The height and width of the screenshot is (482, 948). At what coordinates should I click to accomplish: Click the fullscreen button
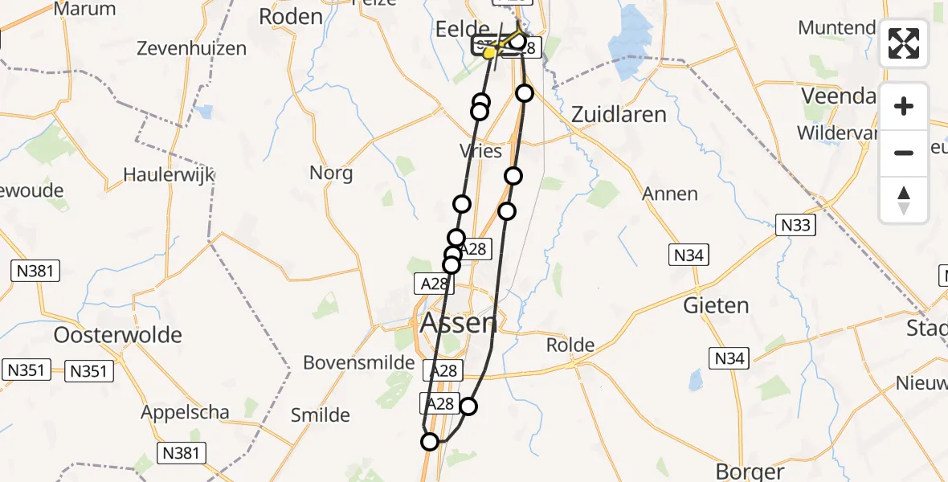(x=904, y=43)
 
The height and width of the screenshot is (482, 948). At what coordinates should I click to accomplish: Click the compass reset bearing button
(x=904, y=200)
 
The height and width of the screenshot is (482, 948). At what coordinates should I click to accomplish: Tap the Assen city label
(x=459, y=323)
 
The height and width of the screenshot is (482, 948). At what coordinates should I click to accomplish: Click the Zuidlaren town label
(x=619, y=114)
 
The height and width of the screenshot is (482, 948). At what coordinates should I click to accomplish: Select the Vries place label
(x=480, y=151)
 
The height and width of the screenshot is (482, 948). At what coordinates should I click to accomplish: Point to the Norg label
(x=331, y=172)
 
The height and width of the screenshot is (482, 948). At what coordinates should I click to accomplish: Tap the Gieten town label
(x=716, y=305)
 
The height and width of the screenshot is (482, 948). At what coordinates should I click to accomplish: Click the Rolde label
(x=570, y=345)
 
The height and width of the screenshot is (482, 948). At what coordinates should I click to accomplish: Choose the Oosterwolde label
(x=118, y=334)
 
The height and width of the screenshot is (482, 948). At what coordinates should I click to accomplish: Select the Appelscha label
(x=185, y=412)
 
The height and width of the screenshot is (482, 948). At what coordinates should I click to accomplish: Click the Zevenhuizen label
(x=191, y=48)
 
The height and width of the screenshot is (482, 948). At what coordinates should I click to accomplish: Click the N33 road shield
(x=795, y=226)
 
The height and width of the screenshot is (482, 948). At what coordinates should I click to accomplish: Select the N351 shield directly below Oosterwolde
(x=90, y=371)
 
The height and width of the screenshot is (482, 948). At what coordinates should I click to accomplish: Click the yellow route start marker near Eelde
(x=488, y=53)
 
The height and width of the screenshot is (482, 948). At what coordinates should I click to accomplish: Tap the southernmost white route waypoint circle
(x=430, y=442)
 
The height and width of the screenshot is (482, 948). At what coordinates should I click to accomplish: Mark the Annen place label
(x=670, y=194)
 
